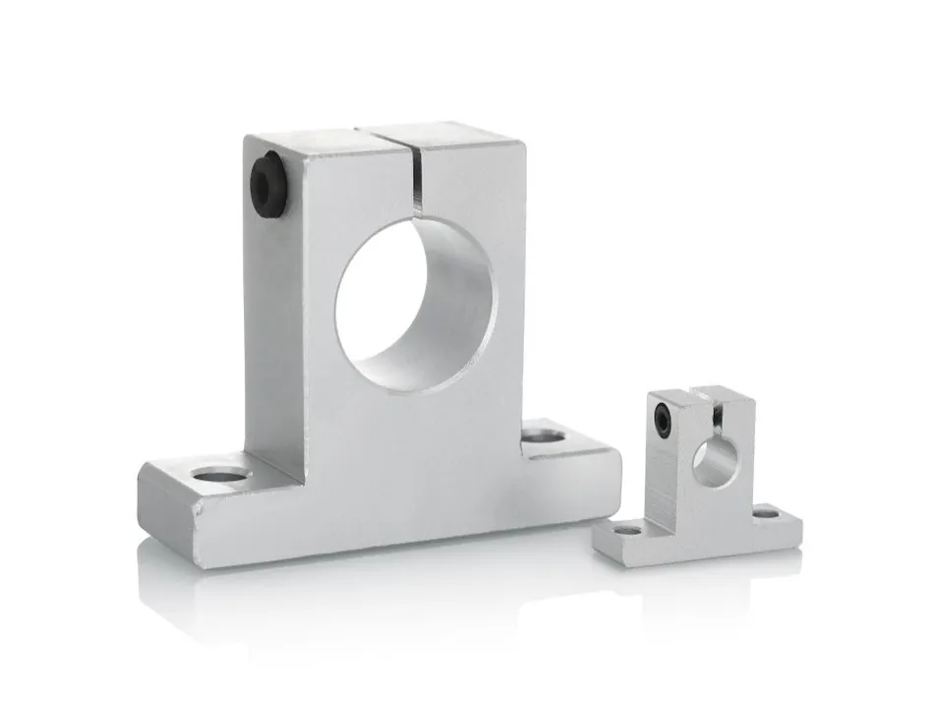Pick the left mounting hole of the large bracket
click(224, 476)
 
